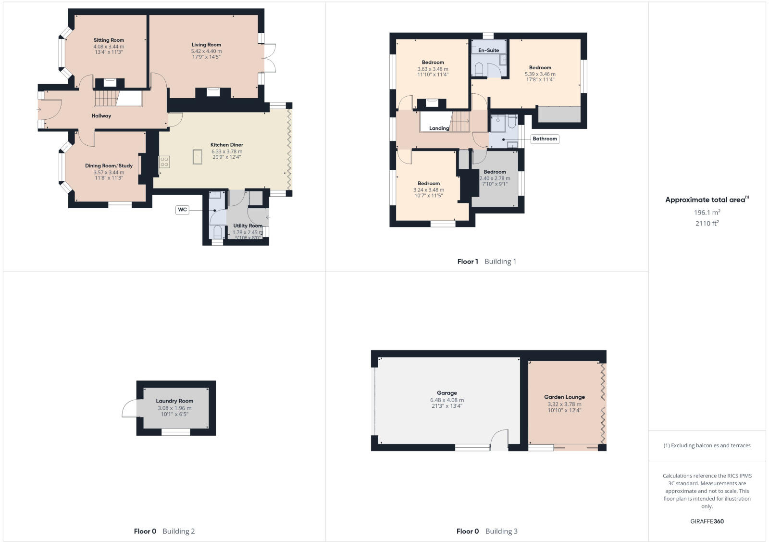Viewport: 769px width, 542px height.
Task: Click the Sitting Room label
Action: tap(109, 40)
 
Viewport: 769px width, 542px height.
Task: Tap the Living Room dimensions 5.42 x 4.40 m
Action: tap(206, 51)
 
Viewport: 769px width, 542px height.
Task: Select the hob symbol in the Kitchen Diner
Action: tap(164, 162)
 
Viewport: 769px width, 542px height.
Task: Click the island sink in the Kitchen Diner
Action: tap(198, 157)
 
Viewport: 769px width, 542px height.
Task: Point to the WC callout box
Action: tap(182, 210)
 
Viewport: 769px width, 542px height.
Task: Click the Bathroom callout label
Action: tap(545, 139)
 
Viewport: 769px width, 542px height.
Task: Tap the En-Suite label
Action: tap(488, 50)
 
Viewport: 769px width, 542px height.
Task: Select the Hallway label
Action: tap(101, 116)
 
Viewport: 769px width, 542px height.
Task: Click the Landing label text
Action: tap(439, 128)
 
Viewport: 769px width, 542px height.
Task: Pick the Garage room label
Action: tap(447, 393)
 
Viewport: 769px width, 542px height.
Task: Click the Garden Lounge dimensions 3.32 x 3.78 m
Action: tap(564, 404)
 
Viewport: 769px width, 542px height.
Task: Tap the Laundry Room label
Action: tap(174, 401)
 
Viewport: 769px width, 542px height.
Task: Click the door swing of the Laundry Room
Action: tap(129, 409)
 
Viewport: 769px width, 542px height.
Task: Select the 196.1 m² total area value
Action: tap(707, 212)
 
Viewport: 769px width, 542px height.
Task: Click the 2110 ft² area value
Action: tap(707, 223)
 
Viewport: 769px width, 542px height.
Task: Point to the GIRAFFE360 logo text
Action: tap(707, 521)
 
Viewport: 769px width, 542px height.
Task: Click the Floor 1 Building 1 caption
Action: tap(486, 262)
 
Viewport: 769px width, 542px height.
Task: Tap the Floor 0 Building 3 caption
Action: tap(486, 531)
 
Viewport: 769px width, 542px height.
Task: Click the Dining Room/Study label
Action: tap(109, 166)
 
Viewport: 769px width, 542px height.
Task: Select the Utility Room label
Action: tap(248, 226)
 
